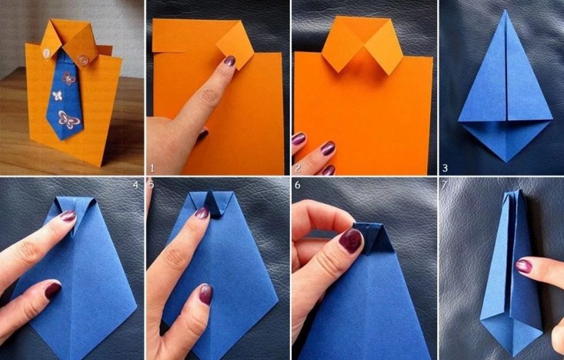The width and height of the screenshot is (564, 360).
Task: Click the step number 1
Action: (152, 168)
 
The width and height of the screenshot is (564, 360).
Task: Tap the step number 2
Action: (298, 168)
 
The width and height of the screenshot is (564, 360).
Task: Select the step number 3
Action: (446, 168)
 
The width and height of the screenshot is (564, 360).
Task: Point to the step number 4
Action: (135, 185)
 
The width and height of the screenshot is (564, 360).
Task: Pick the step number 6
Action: (298, 185)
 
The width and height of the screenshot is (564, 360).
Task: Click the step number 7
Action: (444, 185)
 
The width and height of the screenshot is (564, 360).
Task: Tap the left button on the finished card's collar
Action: (46, 53)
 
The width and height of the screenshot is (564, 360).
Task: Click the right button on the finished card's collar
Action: (83, 58)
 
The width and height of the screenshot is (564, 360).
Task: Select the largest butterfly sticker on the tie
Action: (69, 119)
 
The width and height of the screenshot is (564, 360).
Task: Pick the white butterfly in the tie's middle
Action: (58, 95)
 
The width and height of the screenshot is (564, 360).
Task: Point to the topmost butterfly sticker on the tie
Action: (68, 78)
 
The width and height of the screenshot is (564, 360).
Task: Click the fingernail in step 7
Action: (524, 266)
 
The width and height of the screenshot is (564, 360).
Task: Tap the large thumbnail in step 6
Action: (350, 240)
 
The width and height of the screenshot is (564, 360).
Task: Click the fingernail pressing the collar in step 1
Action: (229, 61)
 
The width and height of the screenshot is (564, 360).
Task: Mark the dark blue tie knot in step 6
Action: (373, 238)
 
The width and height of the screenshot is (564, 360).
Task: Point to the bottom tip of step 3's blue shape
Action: (506, 162)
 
